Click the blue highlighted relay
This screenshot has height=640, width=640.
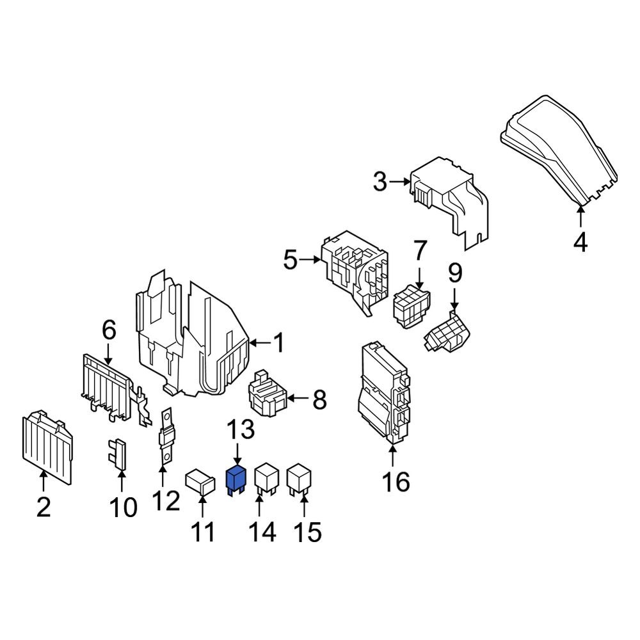click(237, 480)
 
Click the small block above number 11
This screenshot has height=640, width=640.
click(200, 482)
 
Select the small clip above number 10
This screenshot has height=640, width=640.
click(118, 454)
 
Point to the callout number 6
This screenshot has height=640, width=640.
click(109, 330)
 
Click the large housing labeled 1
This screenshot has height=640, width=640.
click(192, 339)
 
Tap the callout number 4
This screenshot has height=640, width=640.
click(580, 243)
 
